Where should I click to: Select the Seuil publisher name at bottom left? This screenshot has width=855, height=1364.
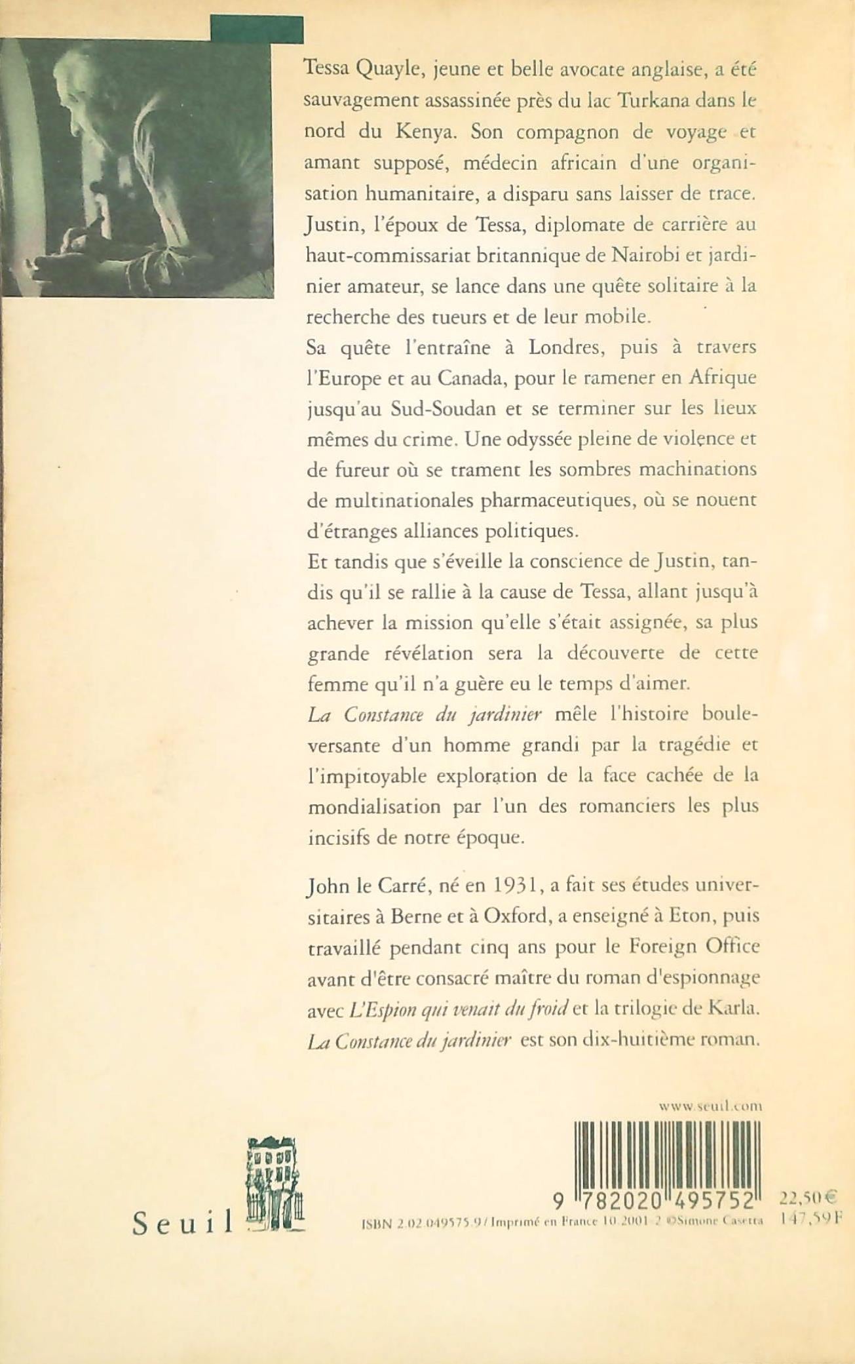click(183, 1221)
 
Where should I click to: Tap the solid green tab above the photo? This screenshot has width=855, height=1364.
click(257, 29)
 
